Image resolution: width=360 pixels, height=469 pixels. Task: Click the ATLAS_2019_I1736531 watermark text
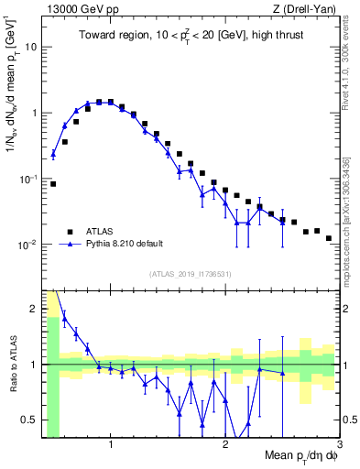point(191,274)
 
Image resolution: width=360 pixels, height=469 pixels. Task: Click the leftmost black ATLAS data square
point(53,184)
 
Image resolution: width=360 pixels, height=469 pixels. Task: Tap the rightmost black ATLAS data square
point(328,238)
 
